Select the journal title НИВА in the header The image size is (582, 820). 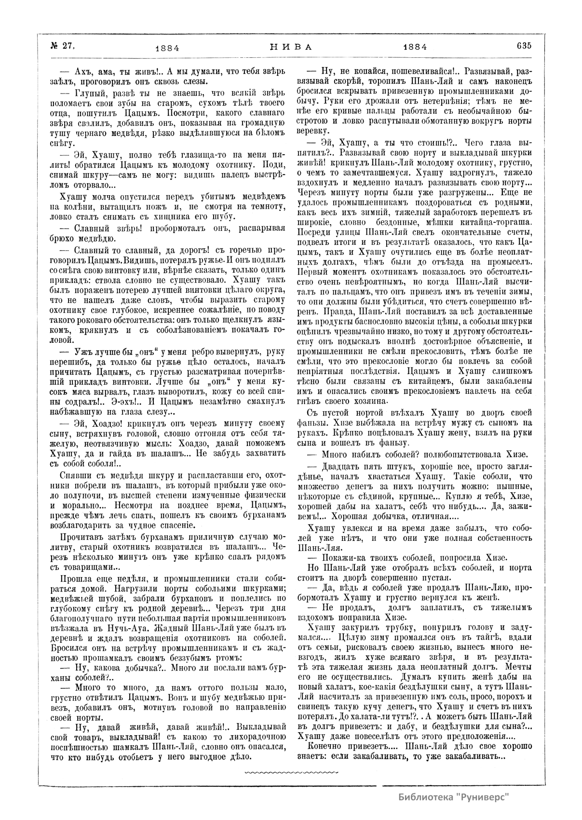[x=291, y=47]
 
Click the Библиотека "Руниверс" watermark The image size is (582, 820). [x=454, y=796]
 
